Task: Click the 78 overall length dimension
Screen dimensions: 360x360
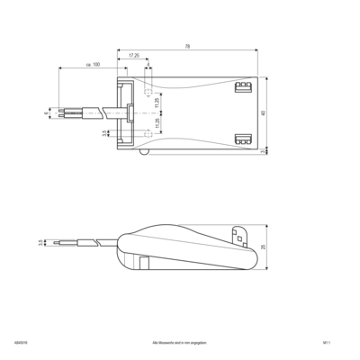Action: point(186,46)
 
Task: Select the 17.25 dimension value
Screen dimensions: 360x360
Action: point(133,56)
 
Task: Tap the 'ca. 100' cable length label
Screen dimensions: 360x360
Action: point(93,65)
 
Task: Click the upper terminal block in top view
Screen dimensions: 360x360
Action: point(240,87)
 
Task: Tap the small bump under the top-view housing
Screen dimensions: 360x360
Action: point(145,154)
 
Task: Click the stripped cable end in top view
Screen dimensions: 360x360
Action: point(66,114)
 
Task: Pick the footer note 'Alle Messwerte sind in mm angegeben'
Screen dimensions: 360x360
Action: point(181,343)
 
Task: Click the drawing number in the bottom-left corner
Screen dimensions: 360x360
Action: point(20,343)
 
